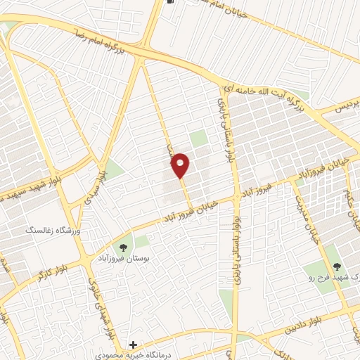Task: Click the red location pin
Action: tap(181, 165)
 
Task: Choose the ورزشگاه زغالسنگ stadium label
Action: tap(54, 230)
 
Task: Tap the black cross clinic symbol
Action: tap(134, 345)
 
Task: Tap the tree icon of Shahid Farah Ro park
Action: tap(335, 266)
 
